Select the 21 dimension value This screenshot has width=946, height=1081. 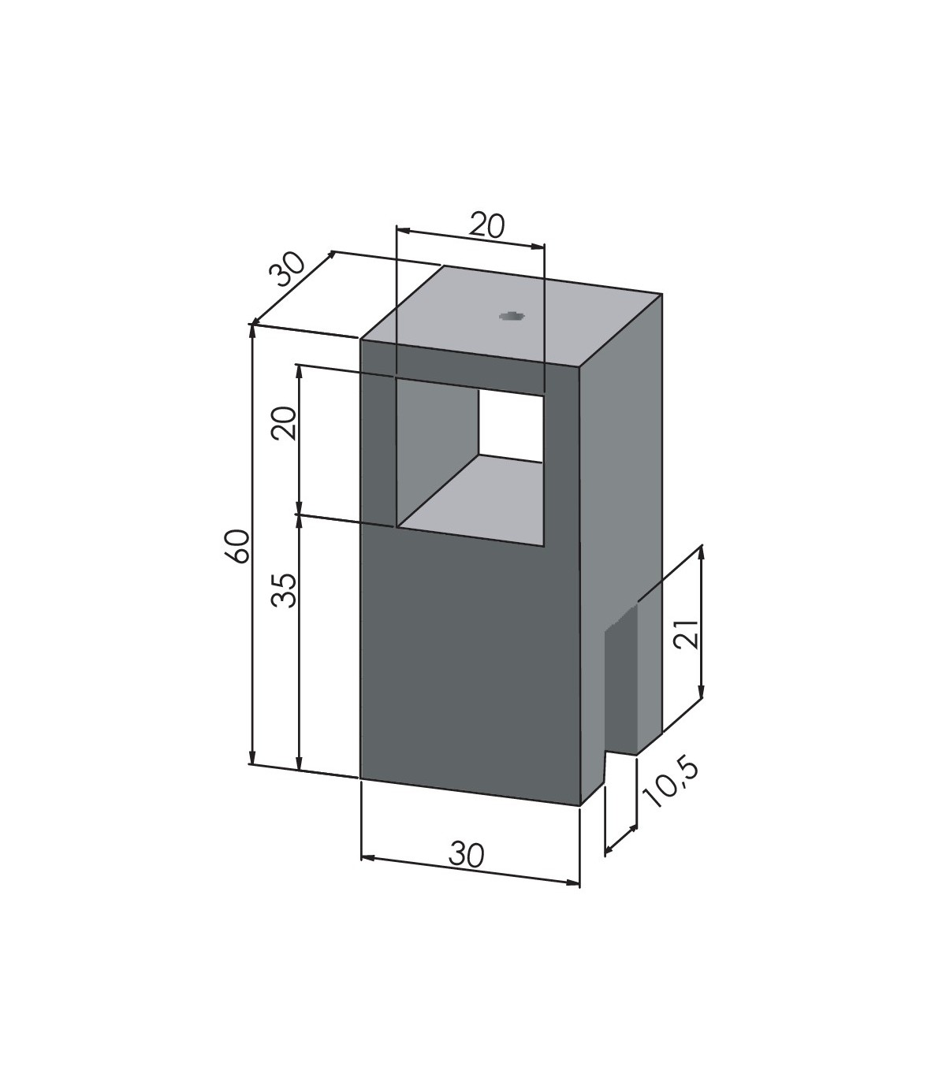point(689,633)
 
